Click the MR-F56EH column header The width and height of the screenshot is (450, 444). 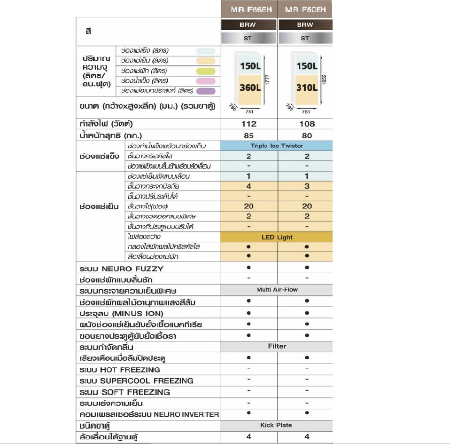tap(248, 9)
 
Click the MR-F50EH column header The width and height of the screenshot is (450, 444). tap(305, 9)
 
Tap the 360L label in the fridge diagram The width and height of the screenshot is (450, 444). tap(250, 87)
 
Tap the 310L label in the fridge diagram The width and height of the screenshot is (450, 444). tap(307, 87)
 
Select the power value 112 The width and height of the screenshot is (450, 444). tap(248, 124)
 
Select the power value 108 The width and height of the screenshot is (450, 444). tap(306, 124)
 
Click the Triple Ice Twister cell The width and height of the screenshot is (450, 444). tap(277, 146)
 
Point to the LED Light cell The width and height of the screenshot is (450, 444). tap(277, 238)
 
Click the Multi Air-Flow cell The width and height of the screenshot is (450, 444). tap(277, 290)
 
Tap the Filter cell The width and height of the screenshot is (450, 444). tap(277, 347)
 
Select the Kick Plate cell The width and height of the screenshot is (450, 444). tap(276, 426)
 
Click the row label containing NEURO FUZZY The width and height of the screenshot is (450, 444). tap(122, 269)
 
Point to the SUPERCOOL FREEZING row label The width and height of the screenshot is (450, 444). tap(136, 381)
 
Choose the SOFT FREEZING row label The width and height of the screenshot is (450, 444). tap(125, 392)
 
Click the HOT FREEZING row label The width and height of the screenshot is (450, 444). tap(120, 370)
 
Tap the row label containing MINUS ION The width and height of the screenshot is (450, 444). tap(122, 314)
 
